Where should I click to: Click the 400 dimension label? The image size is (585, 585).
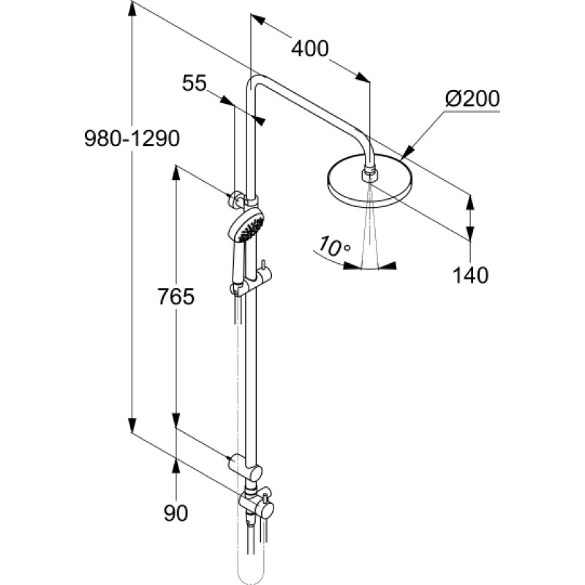[310, 48]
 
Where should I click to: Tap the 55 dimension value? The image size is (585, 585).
[195, 83]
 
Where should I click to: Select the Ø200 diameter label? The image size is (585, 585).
[472, 99]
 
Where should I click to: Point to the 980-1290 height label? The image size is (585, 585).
[132, 139]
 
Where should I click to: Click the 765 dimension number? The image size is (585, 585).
[176, 297]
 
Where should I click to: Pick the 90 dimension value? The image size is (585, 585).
[175, 513]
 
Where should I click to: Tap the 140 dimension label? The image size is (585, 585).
[470, 276]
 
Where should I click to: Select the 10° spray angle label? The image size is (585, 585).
[335, 246]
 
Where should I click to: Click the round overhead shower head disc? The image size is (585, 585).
[370, 181]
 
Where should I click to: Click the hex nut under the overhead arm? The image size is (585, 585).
[370, 175]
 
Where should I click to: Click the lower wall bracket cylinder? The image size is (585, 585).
[245, 467]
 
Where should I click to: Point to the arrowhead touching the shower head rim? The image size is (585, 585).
[408, 151]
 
